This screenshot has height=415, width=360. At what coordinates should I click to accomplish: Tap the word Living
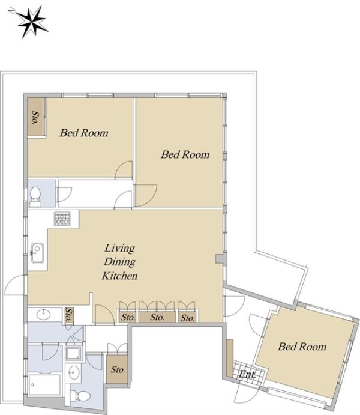120,249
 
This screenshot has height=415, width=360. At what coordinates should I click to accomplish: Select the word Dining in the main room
120,262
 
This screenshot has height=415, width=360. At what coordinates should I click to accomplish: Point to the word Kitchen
120,276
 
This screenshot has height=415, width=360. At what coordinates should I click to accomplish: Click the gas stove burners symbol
62,219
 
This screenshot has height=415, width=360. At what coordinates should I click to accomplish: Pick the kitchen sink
37,253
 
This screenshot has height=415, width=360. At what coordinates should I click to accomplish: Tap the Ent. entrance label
247,374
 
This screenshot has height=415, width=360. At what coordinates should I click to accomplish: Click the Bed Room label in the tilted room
302,347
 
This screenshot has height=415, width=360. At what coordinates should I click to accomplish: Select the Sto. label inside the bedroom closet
35,118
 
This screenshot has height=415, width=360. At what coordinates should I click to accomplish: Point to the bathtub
44,384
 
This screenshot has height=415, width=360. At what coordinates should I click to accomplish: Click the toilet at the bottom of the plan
80,396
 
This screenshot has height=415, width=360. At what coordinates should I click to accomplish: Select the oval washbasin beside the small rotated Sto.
44,315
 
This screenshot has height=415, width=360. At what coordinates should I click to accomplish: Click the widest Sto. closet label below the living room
157,317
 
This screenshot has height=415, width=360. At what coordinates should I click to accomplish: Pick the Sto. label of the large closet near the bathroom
118,369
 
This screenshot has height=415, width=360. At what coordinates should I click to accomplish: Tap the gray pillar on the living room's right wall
220,259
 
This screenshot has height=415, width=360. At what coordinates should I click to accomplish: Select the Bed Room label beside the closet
84,133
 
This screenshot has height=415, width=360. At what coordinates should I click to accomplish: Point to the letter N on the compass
11,11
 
